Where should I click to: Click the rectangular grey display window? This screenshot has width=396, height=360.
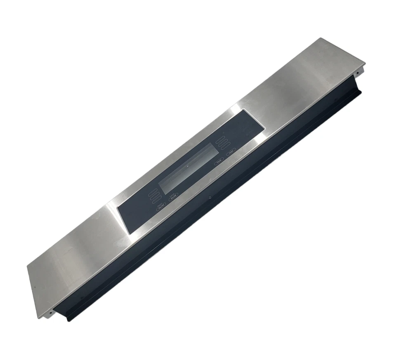coord(189,168)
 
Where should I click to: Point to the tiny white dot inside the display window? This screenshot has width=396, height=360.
coord(188,166)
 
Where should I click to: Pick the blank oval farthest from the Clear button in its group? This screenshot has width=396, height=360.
coord(220,139)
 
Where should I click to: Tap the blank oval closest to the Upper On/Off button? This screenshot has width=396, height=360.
coord(157,200)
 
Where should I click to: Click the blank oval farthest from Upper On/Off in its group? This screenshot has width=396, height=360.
coord(153,193)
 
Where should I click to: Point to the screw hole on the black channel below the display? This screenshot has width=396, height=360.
coord(210,197)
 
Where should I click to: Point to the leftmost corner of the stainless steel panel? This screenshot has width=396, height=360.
coord(27,266)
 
